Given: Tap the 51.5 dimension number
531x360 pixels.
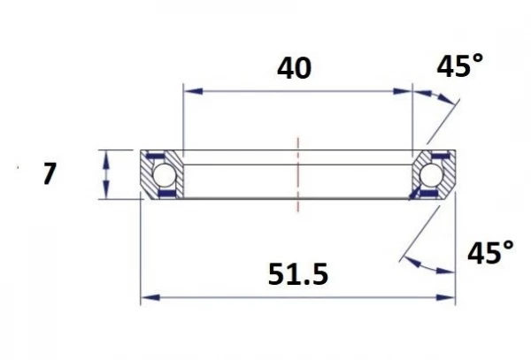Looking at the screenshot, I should (297, 275).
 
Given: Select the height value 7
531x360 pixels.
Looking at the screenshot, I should (50, 174).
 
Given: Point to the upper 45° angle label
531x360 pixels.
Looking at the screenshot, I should (462, 66).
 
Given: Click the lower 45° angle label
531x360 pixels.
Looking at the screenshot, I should (489, 255).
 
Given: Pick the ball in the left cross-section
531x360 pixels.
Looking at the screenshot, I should (165, 175).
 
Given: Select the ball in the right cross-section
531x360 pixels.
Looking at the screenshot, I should (433, 175).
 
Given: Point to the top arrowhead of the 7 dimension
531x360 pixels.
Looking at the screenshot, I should (106, 156).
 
